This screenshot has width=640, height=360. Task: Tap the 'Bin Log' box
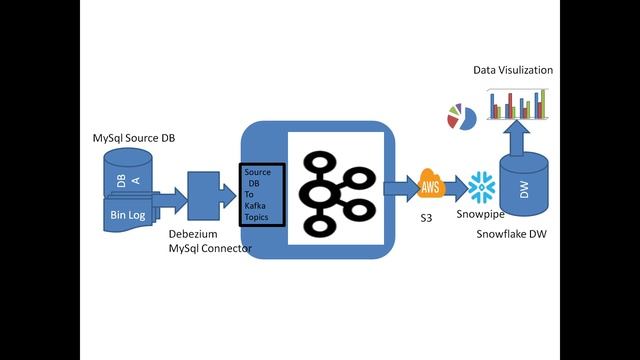[x=128, y=215]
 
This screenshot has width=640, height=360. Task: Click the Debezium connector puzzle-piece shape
[x=206, y=196]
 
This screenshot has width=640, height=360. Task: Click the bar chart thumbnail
[x=517, y=103]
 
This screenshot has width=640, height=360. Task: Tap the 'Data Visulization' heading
[x=512, y=70]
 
